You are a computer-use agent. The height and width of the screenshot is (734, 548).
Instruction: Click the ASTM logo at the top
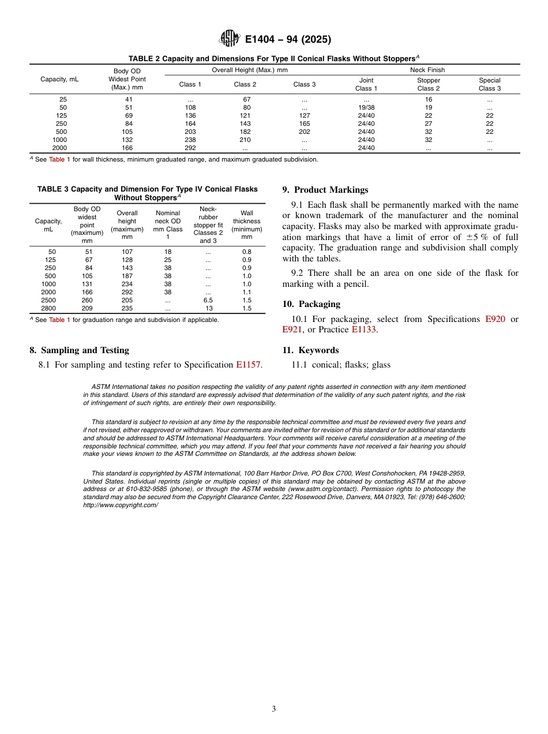coord(229,39)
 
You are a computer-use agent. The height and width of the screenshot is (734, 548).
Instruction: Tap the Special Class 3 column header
coord(489,84)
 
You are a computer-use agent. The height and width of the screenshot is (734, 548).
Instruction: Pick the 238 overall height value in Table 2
coord(190,140)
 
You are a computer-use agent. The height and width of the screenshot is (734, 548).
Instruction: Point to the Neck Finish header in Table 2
coord(427,70)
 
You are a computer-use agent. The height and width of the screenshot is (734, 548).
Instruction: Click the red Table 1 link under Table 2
coord(59,159)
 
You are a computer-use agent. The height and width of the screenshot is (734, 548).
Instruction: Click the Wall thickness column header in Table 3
coord(246,225)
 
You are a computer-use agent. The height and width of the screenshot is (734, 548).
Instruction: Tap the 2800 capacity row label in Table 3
coord(48,308)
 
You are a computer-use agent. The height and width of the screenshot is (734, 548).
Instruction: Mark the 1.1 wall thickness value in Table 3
coord(246,292)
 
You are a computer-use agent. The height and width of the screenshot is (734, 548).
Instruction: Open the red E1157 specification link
coord(248,365)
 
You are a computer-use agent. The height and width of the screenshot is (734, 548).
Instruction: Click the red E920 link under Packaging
coord(495,319)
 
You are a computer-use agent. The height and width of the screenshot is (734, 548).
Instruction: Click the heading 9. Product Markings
coord(325,190)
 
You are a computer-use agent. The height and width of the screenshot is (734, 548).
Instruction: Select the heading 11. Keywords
coord(310,350)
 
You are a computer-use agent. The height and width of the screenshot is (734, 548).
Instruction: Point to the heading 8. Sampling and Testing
coord(79,350)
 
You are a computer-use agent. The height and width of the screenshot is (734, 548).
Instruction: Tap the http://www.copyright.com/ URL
coord(120,505)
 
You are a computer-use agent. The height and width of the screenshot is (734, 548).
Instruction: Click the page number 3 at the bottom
coord(274,709)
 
